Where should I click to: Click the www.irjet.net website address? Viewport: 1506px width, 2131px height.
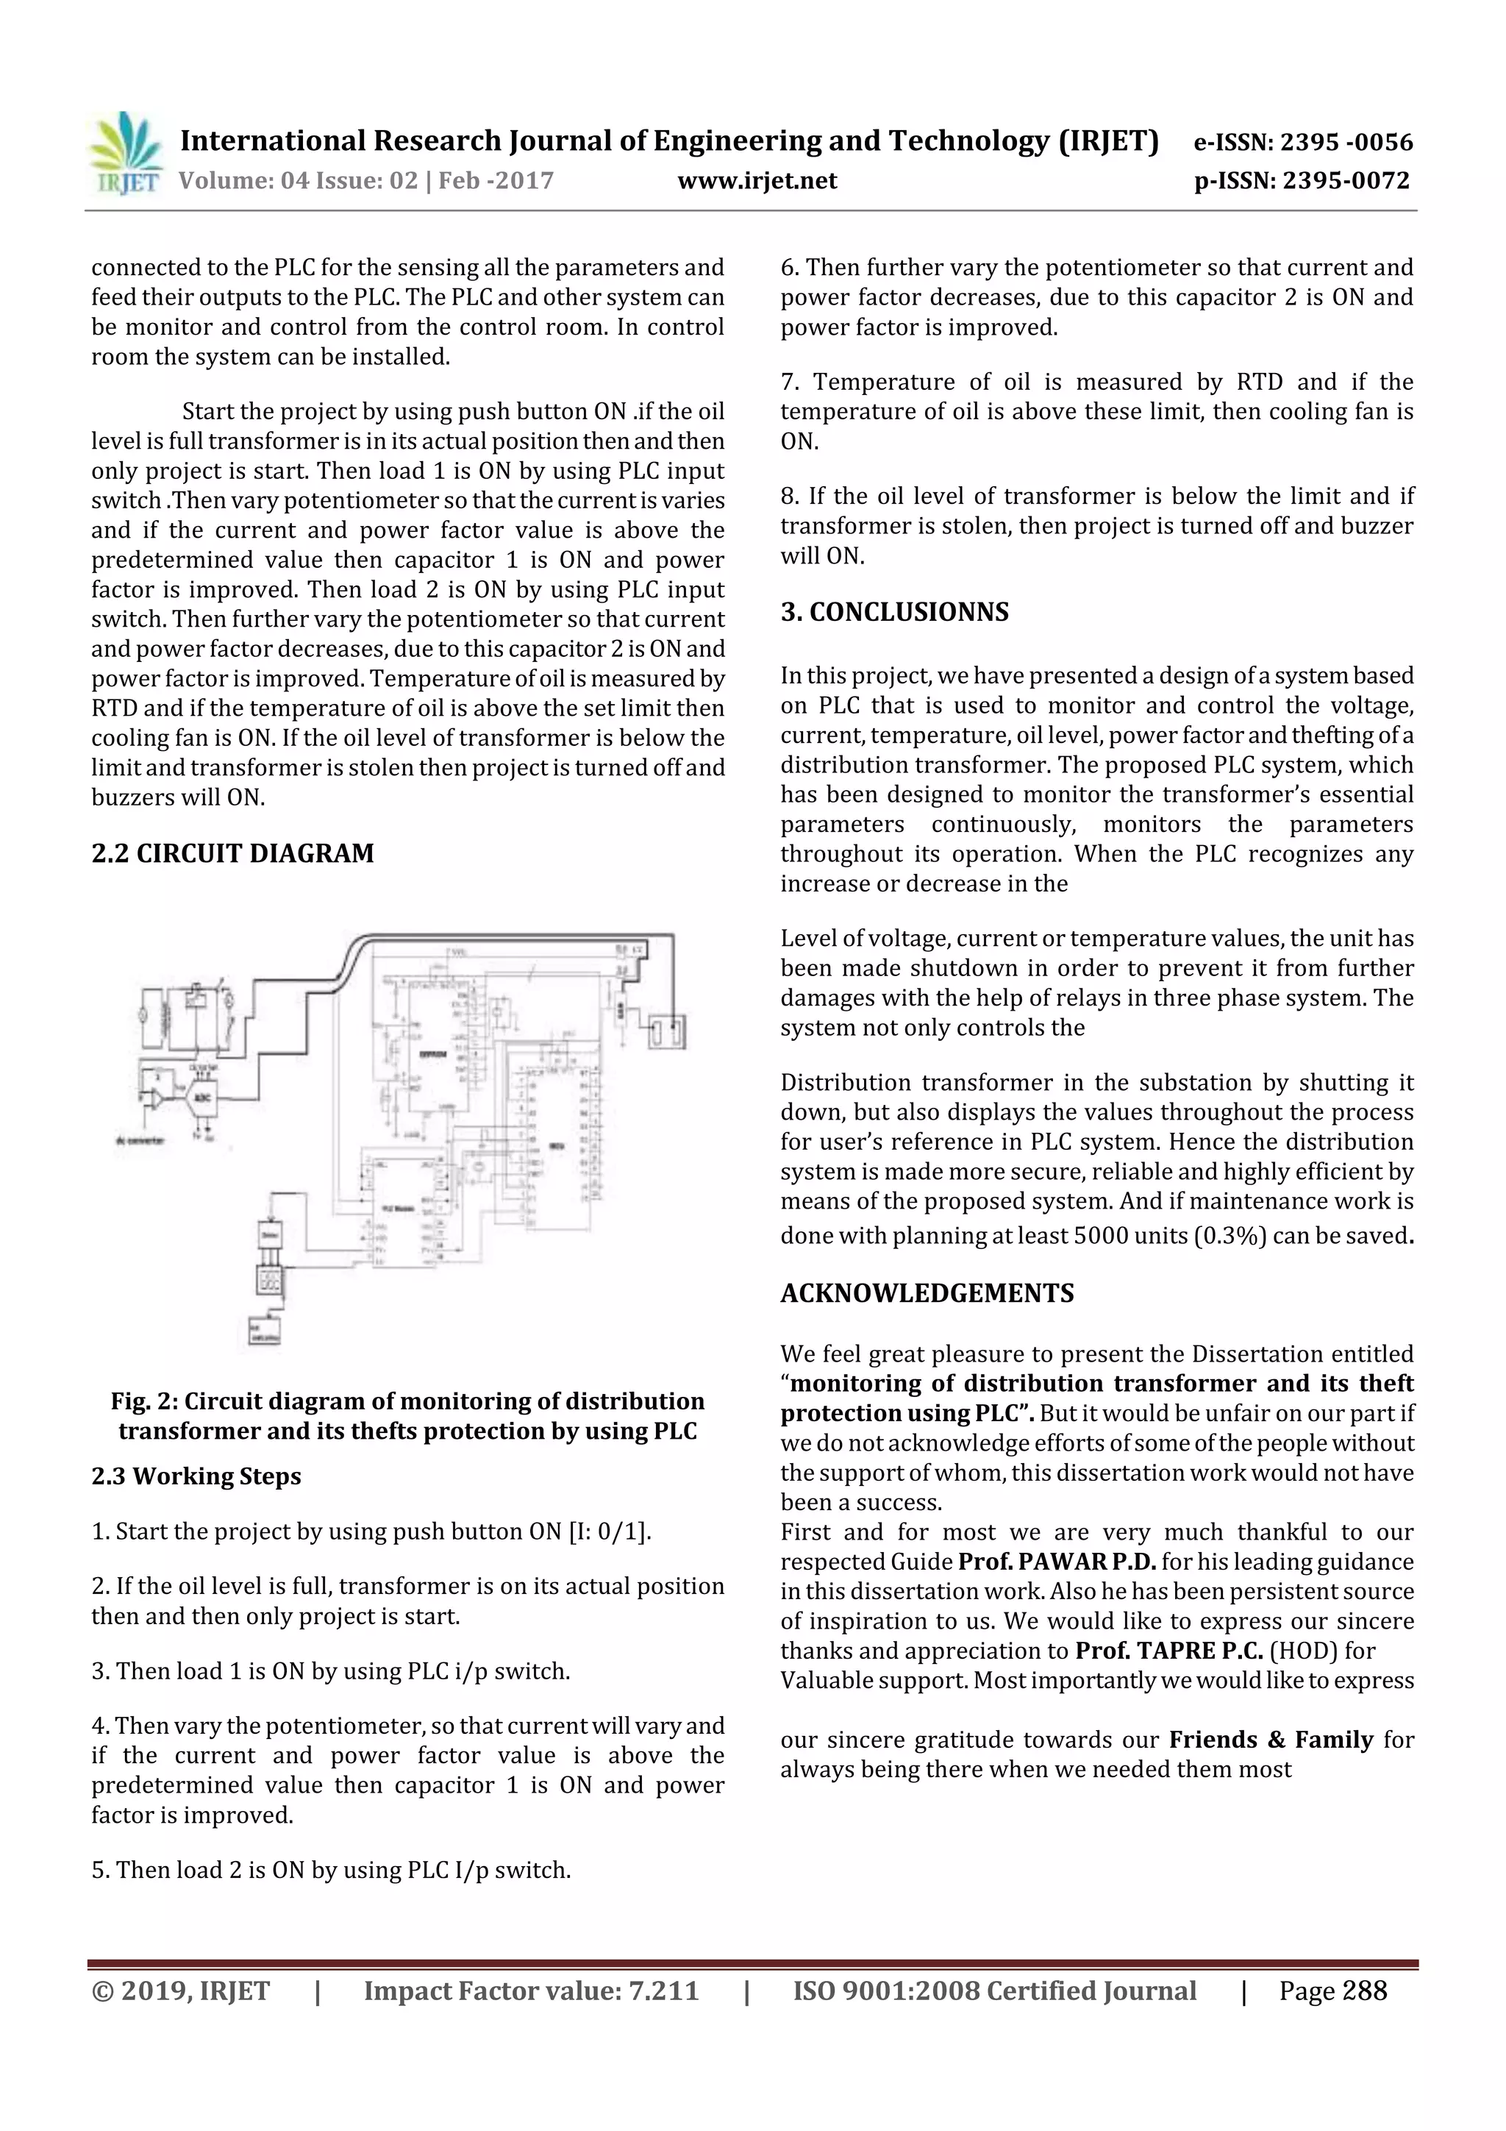coord(757,181)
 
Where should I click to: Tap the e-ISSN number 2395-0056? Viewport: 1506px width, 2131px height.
coord(1346,143)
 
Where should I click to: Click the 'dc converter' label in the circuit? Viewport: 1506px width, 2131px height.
coord(140,1139)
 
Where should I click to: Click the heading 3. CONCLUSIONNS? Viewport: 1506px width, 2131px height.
coord(893,613)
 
